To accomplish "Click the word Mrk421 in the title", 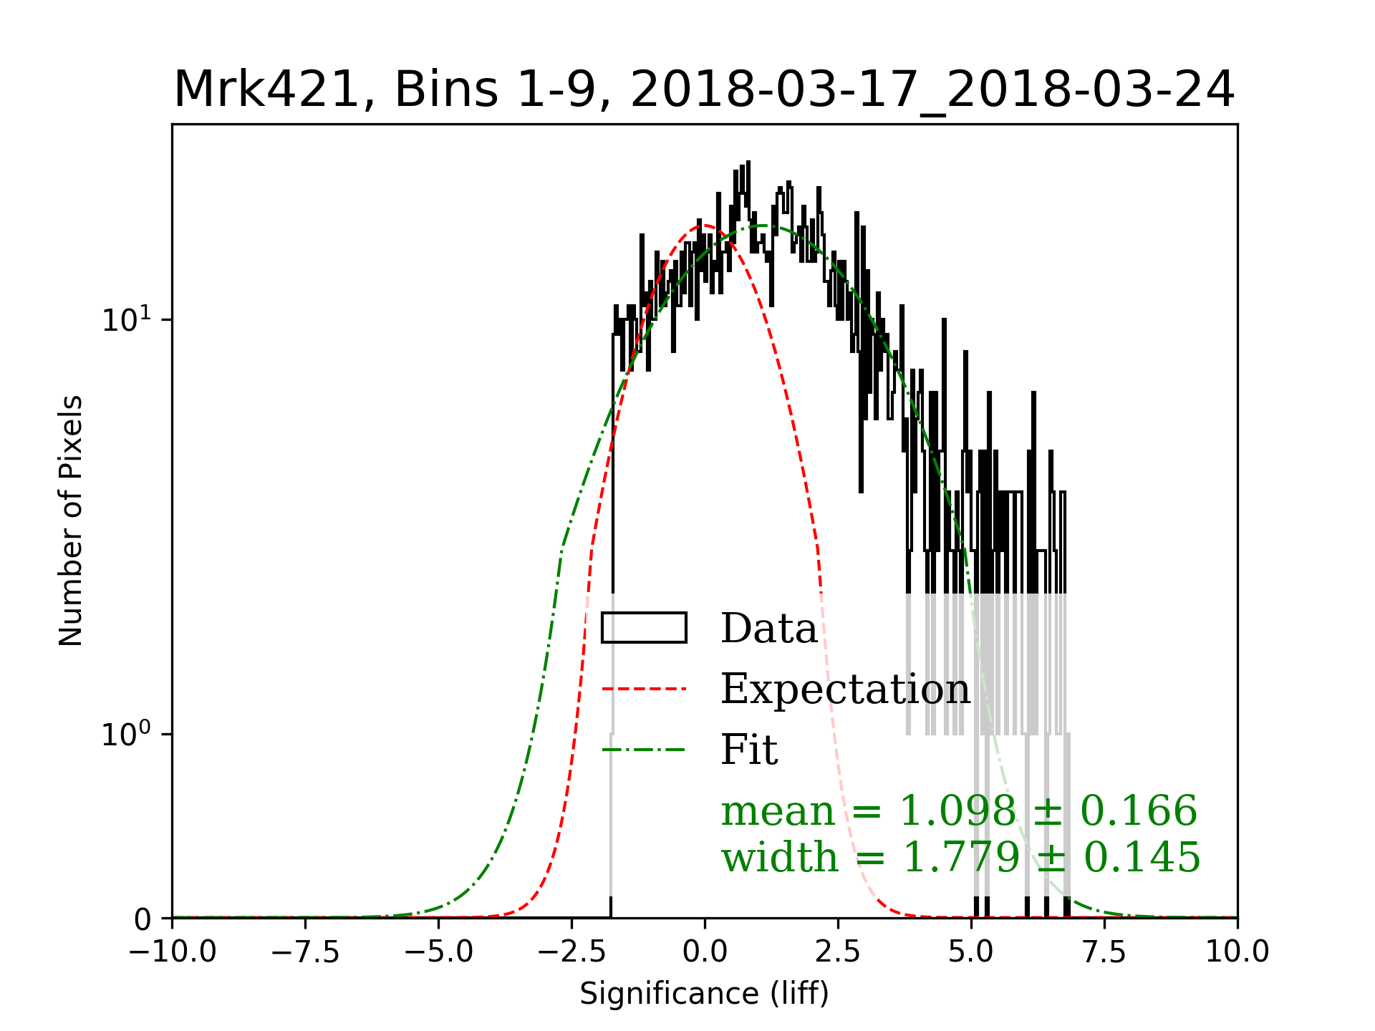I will tap(266, 90).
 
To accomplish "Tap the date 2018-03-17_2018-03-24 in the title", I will tap(932, 90).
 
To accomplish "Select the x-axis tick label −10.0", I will tap(172, 953).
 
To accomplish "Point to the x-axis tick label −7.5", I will tap(305, 953).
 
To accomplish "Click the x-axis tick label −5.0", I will tap(438, 953).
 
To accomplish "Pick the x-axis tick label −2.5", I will tap(571, 953).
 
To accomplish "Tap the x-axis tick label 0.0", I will tap(705, 953).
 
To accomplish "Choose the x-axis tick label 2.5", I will tap(838, 953).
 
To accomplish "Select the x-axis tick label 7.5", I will tap(1104, 953).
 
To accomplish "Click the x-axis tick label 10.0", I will tap(1237, 953).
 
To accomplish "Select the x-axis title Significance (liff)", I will tap(704, 994).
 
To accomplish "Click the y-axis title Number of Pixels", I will tap(71, 521).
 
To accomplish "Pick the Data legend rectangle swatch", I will tap(644, 628).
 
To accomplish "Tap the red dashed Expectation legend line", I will tap(644, 689).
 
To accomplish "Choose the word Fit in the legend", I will tap(749, 750).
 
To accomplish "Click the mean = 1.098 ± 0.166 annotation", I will tap(959, 811).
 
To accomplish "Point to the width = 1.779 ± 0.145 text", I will tap(960, 857).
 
